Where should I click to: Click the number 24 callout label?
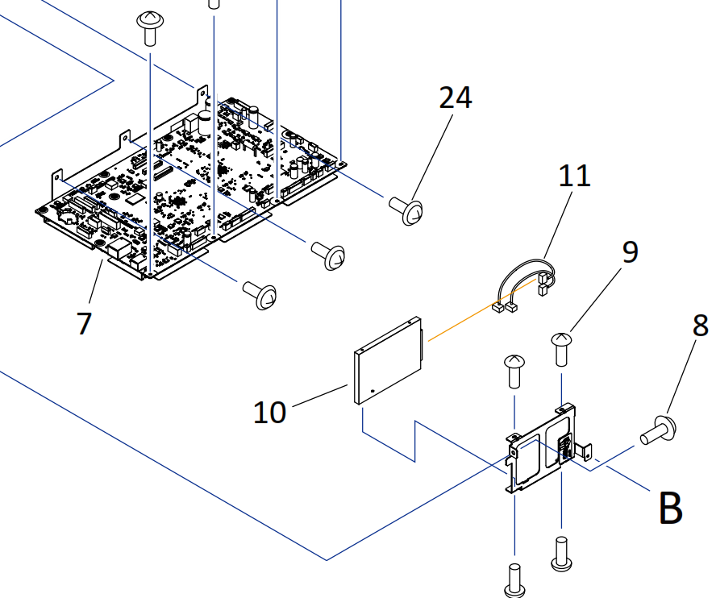click(456, 98)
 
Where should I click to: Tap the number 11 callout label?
click(575, 175)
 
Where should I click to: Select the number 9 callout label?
click(630, 251)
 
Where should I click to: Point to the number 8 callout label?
click(700, 326)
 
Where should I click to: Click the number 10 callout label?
click(269, 413)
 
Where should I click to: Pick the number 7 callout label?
click(84, 323)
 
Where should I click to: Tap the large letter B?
click(670, 508)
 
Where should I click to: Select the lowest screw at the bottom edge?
click(513, 579)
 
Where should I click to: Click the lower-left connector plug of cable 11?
click(501, 306)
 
